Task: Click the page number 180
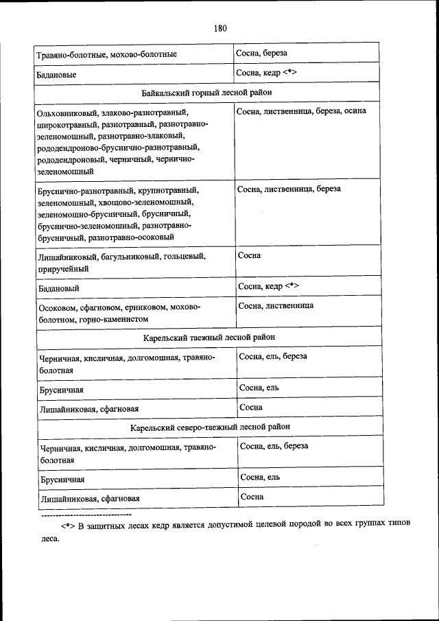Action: click(x=219, y=28)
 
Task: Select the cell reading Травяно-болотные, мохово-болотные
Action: click(x=107, y=54)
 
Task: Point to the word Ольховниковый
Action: click(x=67, y=112)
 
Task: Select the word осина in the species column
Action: click(x=354, y=110)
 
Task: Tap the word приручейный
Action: click(x=64, y=270)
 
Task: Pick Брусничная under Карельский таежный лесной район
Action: click(x=62, y=390)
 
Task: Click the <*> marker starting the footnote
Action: click(x=67, y=525)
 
